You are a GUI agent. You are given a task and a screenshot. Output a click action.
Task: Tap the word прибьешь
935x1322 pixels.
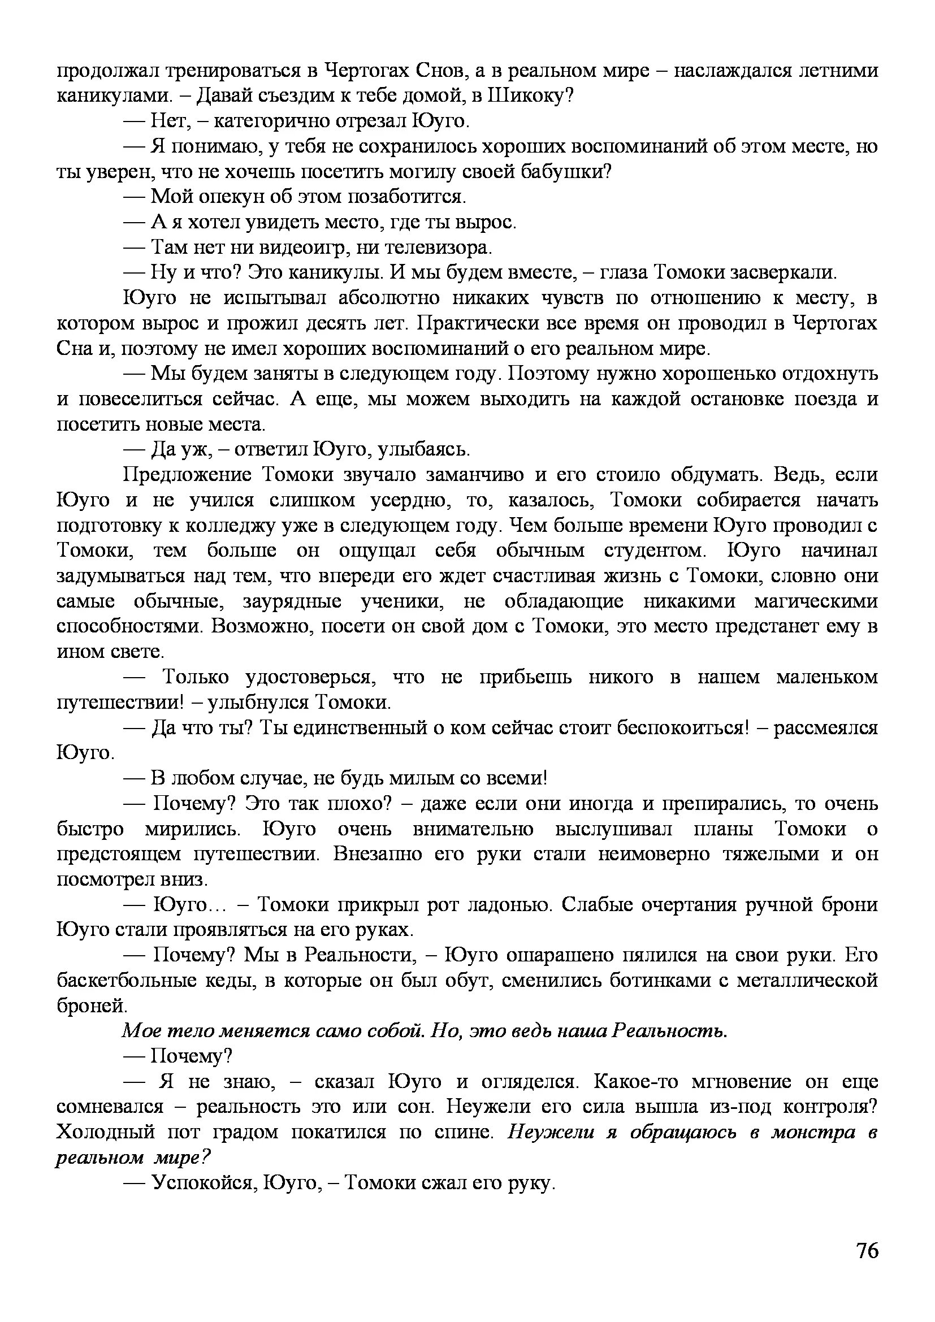[x=526, y=677]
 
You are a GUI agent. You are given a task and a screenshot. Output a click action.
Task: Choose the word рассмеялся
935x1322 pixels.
[x=825, y=728]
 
